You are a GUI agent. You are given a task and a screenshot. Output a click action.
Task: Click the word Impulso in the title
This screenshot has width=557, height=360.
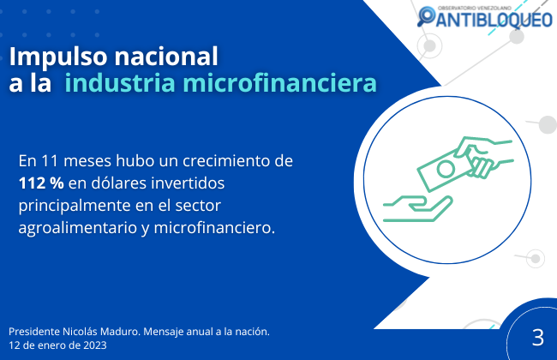[x=58, y=57]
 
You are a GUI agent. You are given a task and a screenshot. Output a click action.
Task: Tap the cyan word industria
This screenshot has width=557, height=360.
[x=120, y=82]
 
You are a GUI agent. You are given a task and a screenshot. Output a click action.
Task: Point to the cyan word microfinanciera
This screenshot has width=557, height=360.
[x=279, y=82]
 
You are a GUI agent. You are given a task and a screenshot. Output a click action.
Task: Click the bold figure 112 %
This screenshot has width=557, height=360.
[x=41, y=183]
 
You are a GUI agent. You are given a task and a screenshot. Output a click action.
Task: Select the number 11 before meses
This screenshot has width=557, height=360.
[x=50, y=161]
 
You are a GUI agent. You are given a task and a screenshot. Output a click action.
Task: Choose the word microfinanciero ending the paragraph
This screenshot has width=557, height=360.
[x=214, y=228]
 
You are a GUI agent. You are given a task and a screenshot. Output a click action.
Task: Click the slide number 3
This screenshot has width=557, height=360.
[x=538, y=338]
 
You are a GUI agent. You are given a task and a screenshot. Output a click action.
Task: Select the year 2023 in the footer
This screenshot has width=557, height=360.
[x=95, y=345]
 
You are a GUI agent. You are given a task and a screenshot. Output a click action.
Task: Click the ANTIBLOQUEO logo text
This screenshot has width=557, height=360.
[x=494, y=19]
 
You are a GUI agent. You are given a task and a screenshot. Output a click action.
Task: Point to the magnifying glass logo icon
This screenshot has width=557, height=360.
[x=426, y=16]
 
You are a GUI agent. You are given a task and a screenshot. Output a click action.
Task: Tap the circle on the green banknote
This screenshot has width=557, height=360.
[x=446, y=169]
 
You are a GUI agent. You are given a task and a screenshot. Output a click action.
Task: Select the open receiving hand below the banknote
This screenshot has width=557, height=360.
[x=418, y=208]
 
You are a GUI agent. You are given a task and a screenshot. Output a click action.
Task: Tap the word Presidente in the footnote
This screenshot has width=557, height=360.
[x=34, y=332]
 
